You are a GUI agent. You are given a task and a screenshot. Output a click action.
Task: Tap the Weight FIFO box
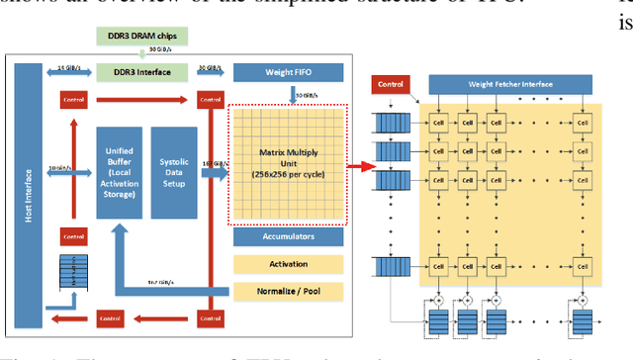tap(288, 72)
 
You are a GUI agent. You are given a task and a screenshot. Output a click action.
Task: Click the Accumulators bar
tap(288, 238)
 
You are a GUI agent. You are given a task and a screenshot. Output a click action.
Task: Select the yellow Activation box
tap(288, 264)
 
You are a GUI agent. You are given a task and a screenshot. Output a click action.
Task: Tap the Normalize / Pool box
tap(288, 291)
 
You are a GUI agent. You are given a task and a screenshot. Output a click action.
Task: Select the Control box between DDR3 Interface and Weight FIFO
tap(208, 99)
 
